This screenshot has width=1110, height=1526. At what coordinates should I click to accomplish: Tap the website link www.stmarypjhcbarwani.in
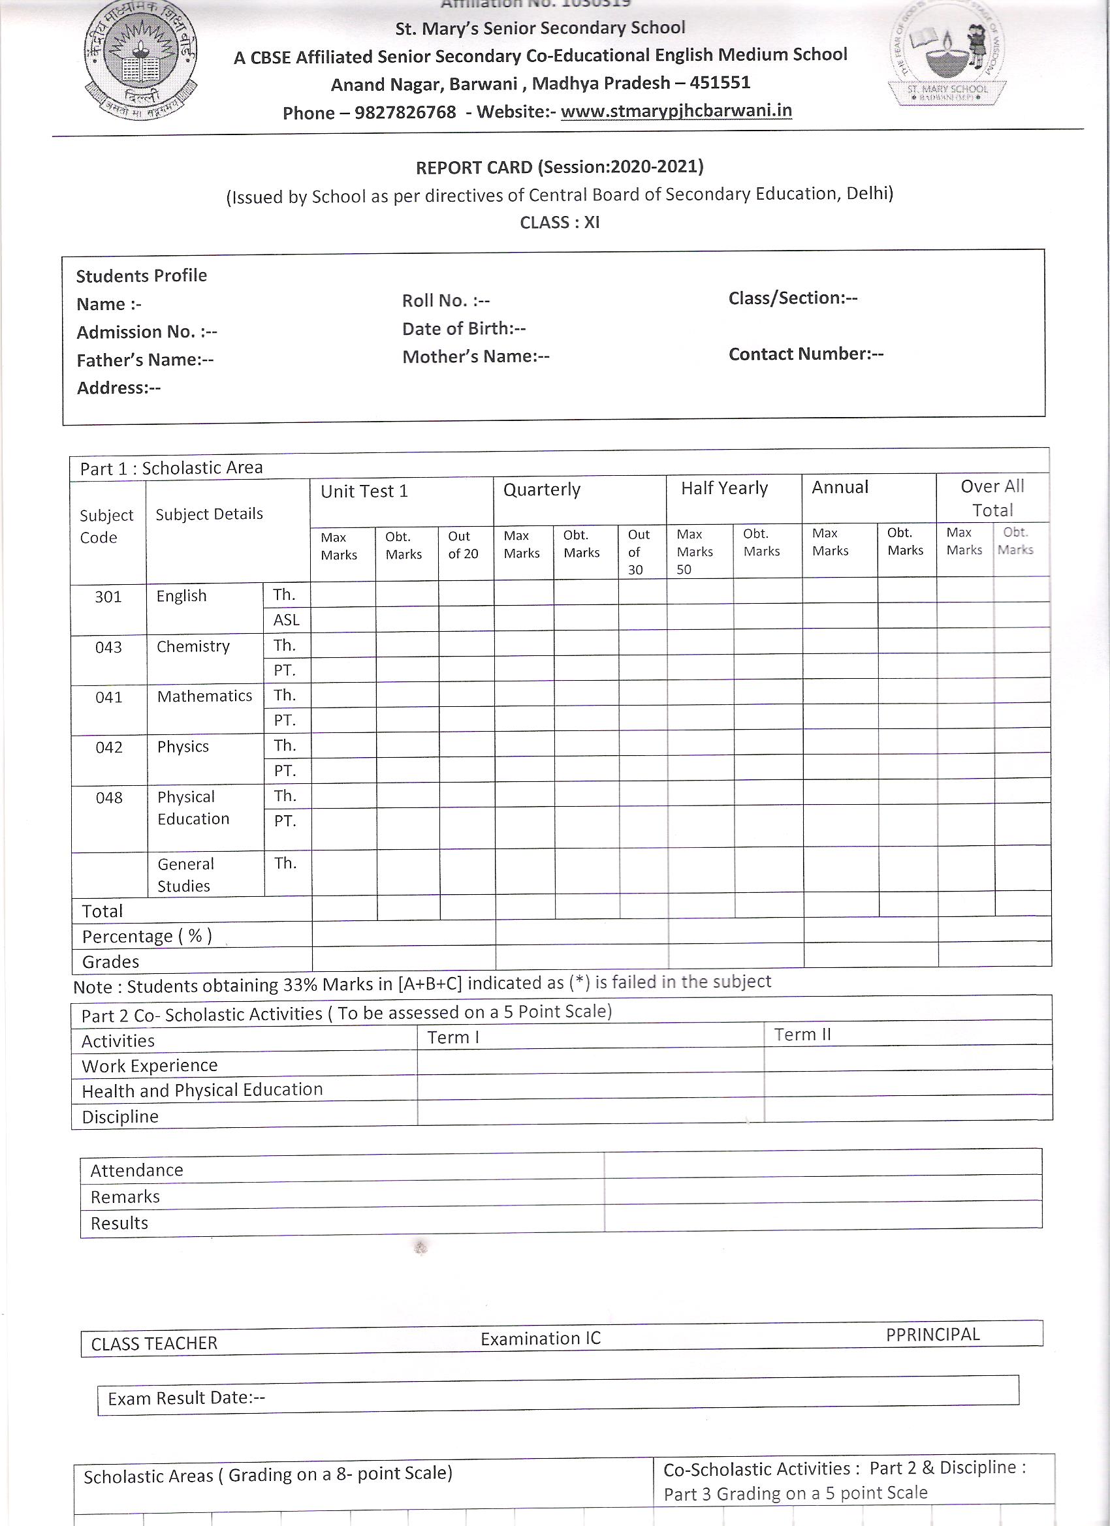(676, 111)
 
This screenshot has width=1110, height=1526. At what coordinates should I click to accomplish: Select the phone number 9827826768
(405, 112)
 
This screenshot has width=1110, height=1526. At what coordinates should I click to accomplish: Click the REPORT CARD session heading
(560, 167)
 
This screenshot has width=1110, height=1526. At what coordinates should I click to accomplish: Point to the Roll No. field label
(445, 301)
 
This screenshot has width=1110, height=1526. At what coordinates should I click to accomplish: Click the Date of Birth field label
(464, 328)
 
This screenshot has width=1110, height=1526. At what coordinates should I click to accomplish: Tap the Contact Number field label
(805, 354)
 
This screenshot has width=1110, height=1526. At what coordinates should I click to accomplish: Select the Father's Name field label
(145, 360)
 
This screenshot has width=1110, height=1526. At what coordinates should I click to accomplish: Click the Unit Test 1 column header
(364, 491)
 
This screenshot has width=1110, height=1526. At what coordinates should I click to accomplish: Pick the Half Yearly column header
(724, 488)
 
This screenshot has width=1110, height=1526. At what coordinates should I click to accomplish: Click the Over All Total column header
(992, 497)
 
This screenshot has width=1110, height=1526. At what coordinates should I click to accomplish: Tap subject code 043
(108, 647)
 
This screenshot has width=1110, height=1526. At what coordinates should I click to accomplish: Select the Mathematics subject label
(204, 696)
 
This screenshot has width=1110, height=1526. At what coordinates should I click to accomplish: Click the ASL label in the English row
(286, 619)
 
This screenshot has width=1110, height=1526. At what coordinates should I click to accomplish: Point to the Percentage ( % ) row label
(147, 936)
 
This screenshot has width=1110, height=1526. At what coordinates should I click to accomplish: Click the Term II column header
(802, 1034)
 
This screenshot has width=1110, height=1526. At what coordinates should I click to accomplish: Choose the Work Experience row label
(150, 1066)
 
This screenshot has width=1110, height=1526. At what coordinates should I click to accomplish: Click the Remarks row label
(125, 1197)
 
